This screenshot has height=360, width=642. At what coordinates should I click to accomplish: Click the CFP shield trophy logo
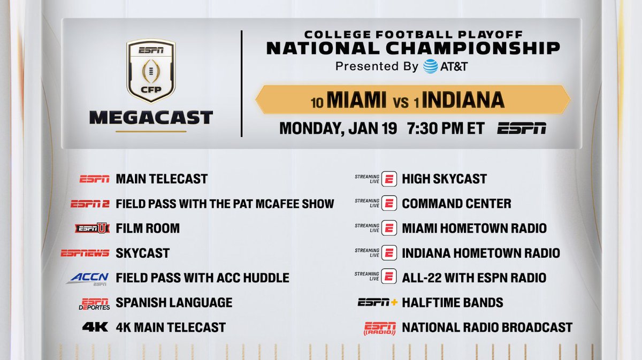pyautogui.click(x=150, y=72)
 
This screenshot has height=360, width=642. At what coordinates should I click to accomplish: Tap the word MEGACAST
pyautogui.click(x=150, y=117)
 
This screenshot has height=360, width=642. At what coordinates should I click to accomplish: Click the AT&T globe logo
pyautogui.click(x=431, y=67)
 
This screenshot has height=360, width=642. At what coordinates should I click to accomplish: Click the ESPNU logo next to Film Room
pyautogui.click(x=93, y=228)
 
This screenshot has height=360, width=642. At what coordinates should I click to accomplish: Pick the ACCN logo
pyautogui.click(x=88, y=278)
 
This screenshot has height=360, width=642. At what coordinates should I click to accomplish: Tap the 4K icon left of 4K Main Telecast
pyautogui.click(x=95, y=327)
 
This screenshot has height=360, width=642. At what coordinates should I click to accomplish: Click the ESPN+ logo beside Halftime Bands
pyautogui.click(x=378, y=303)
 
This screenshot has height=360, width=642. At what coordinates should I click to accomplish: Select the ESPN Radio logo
pyautogui.click(x=380, y=328)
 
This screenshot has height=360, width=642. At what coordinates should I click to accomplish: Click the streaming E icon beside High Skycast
pyautogui.click(x=389, y=179)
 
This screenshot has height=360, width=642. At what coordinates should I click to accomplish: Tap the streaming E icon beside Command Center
pyautogui.click(x=389, y=204)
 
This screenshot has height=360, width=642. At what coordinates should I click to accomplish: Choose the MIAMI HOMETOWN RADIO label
pyautogui.click(x=474, y=228)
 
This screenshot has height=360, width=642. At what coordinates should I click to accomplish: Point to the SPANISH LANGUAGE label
pyautogui.click(x=174, y=303)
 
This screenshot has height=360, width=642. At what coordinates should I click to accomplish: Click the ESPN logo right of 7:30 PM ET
pyautogui.click(x=521, y=129)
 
